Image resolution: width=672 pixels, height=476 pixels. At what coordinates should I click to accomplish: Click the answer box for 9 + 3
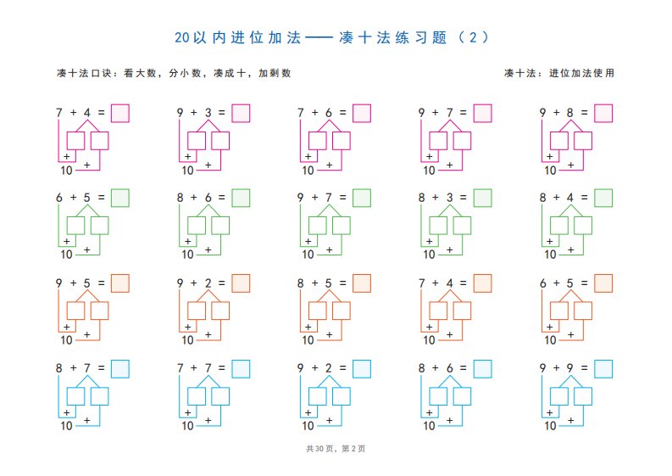tap(241, 114)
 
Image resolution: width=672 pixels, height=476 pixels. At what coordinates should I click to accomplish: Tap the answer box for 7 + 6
tap(362, 114)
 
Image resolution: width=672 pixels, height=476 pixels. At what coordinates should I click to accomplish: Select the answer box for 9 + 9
tap(603, 369)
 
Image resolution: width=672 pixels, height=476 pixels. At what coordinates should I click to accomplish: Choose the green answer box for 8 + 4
tap(603, 198)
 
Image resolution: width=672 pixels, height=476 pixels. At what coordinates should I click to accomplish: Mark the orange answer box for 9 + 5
tap(120, 283)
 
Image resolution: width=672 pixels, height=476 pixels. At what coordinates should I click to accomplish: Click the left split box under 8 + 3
tap(438, 226)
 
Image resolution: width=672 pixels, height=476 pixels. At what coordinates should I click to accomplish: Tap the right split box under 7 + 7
tap(220, 396)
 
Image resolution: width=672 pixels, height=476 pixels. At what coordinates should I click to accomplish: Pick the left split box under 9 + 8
tap(558, 141)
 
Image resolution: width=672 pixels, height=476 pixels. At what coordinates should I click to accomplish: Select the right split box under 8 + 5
tap(342, 311)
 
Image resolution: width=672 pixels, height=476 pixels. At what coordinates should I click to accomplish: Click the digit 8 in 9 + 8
tap(569, 113)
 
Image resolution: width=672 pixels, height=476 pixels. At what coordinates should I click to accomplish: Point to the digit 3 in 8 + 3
tap(450, 198)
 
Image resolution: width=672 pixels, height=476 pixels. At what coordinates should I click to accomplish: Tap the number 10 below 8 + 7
tap(66, 426)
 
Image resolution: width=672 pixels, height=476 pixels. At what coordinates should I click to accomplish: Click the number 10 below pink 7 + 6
tap(308, 171)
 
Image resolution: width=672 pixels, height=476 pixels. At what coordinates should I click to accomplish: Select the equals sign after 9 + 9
tap(584, 368)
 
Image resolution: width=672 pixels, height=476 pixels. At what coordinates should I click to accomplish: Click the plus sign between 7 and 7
tap(194, 368)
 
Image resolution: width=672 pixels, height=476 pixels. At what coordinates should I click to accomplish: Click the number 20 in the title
tap(181, 38)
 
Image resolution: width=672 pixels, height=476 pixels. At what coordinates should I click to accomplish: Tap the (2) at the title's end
tap(473, 37)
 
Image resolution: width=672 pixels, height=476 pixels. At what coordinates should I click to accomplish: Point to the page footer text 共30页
tap(319, 449)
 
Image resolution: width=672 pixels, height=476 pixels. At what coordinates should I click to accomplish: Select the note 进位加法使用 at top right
tap(581, 73)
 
